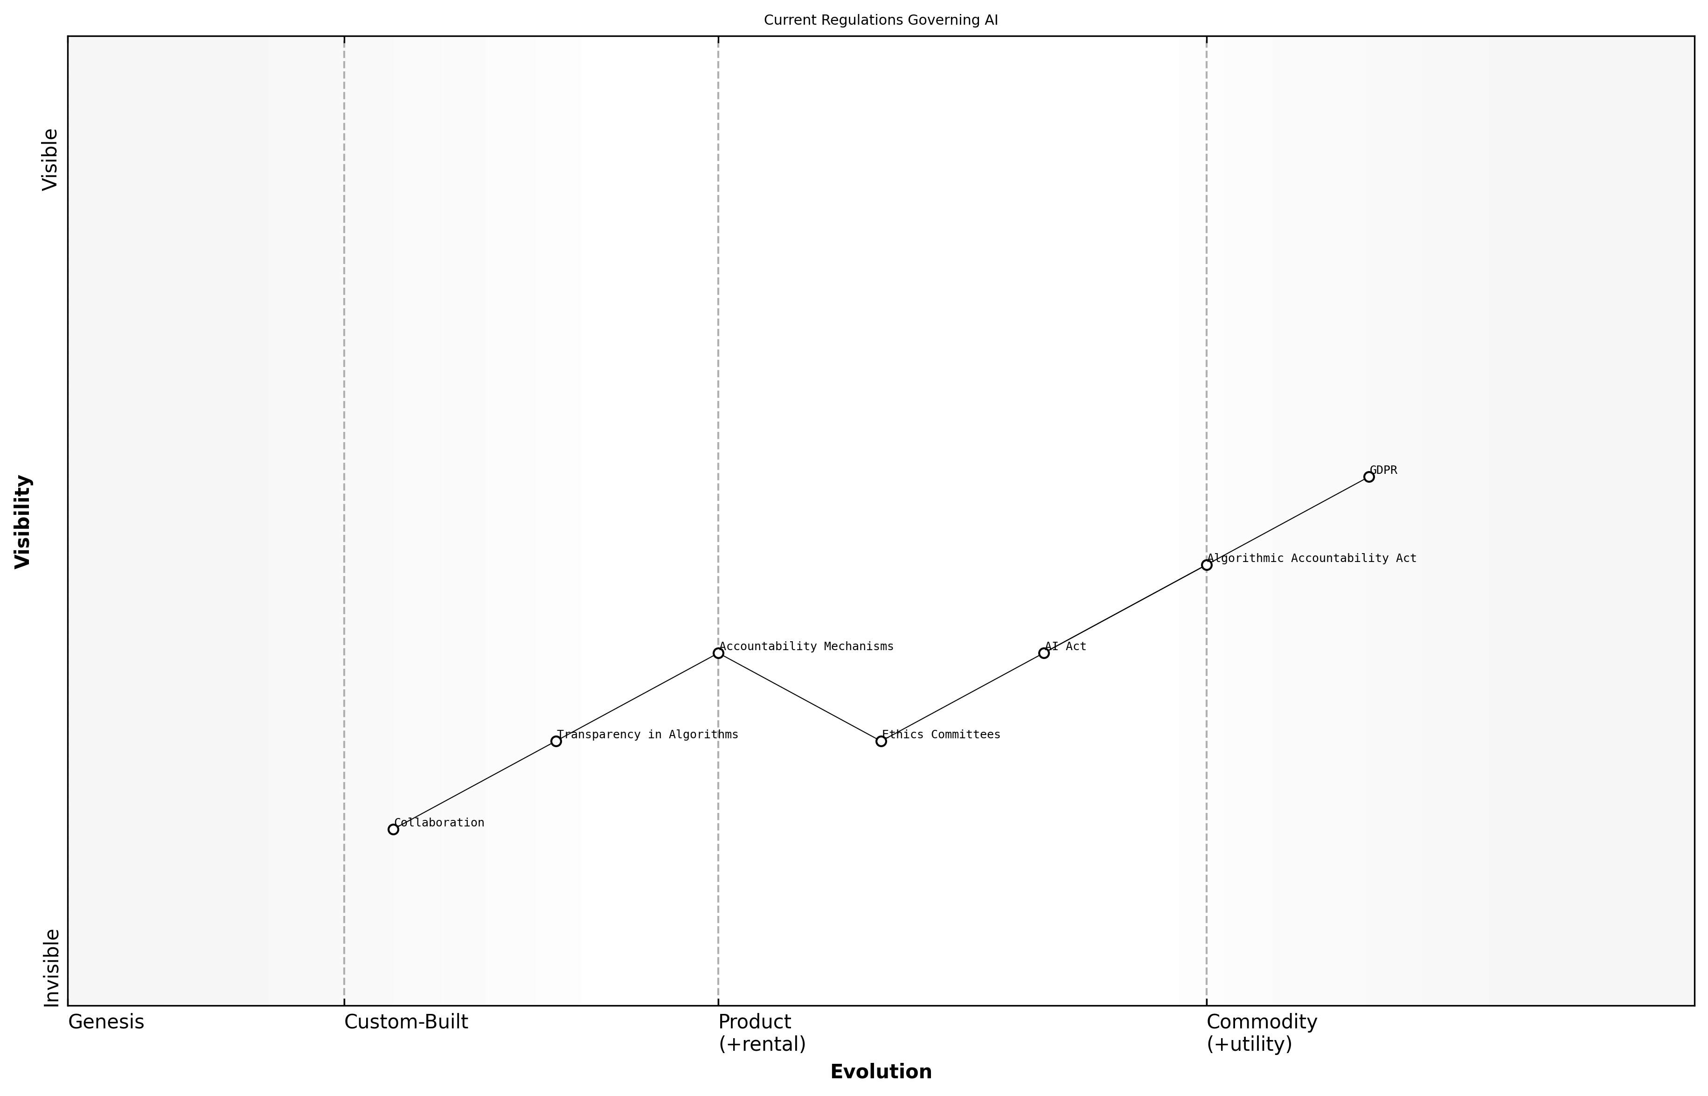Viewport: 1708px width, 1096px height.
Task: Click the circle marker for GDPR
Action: point(1368,477)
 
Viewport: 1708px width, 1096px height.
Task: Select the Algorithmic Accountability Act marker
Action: point(1206,565)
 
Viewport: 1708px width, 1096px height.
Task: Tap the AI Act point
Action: point(1043,653)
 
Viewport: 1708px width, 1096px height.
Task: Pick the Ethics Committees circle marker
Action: point(881,742)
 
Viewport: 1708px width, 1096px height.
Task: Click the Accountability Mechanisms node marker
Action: point(718,653)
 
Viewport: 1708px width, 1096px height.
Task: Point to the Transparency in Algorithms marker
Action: point(556,742)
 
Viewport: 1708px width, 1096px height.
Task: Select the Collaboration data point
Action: point(393,829)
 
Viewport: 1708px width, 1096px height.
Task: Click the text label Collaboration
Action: point(439,823)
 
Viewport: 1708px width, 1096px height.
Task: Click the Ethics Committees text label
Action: point(941,735)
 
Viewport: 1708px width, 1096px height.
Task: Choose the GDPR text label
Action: point(1383,471)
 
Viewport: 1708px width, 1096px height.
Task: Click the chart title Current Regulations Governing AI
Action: point(881,20)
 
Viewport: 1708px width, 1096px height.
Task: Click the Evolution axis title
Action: point(881,1072)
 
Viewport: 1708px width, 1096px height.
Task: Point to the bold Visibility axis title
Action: point(23,522)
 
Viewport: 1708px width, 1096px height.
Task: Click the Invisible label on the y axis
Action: point(51,968)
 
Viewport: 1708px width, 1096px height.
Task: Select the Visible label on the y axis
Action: point(50,160)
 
